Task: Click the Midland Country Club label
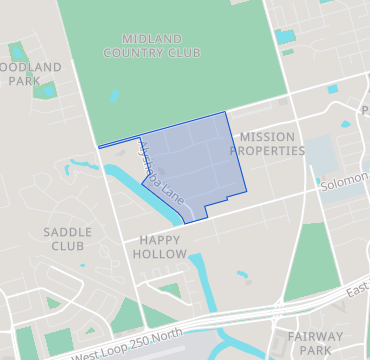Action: (152, 44)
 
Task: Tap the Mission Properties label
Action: (267, 144)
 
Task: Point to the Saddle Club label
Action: (68, 238)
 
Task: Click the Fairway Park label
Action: (315, 343)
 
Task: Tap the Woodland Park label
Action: (30, 74)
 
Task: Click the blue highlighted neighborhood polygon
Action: (200, 160)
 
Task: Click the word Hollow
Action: (162, 254)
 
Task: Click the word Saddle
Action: (68, 231)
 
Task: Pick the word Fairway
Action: (315, 336)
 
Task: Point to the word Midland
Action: (152, 37)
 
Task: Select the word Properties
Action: (267, 151)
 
